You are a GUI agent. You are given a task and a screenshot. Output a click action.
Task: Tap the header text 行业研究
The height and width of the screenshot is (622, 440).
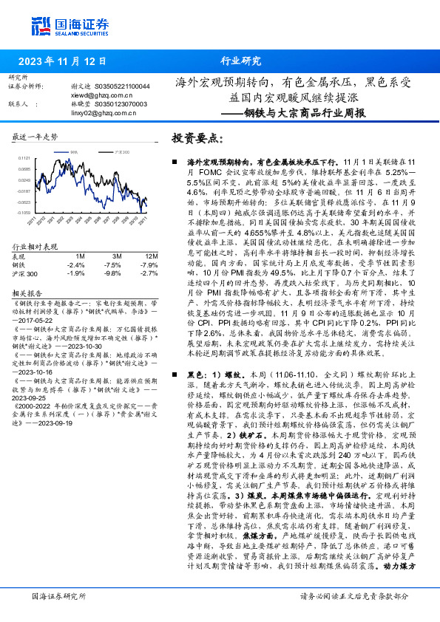pyautogui.click(x=241, y=61)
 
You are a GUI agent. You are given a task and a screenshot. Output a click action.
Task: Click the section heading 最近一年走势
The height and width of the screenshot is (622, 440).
pyautogui.click(x=35, y=137)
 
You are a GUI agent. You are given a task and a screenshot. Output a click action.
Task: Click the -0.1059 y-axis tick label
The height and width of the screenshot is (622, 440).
pyautogui.click(x=24, y=212)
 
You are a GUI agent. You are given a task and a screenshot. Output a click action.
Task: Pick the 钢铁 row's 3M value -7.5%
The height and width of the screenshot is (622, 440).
pyautogui.click(x=112, y=264)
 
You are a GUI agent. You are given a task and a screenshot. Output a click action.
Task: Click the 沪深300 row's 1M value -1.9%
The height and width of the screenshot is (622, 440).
pyautogui.click(x=76, y=273)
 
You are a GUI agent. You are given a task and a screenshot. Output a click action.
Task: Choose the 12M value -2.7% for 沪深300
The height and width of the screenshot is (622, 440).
pyautogui.click(x=149, y=273)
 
